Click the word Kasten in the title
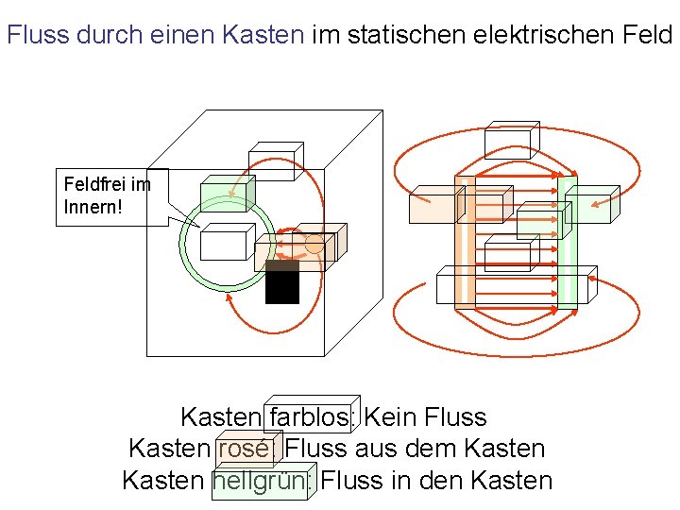(x=263, y=36)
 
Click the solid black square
(x=282, y=282)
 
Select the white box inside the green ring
(x=224, y=244)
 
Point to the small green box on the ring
(x=223, y=197)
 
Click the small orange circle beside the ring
(x=314, y=245)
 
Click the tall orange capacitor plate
(x=465, y=243)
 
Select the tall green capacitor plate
(x=567, y=243)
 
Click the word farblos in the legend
(x=312, y=417)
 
